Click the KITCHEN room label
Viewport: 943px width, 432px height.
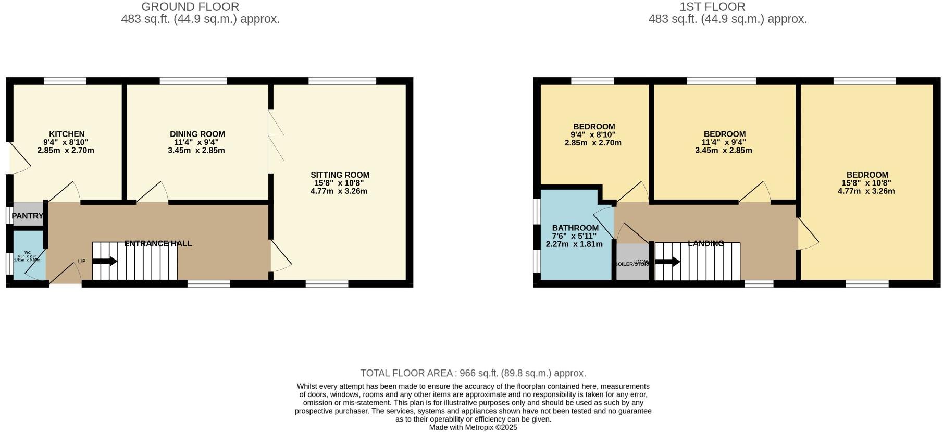point(67,134)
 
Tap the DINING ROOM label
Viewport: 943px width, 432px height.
point(197,134)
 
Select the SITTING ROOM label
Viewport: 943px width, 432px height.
point(340,175)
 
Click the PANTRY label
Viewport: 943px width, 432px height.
point(28,216)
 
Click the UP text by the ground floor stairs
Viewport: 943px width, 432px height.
point(82,262)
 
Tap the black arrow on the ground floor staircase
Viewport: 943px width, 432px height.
point(105,262)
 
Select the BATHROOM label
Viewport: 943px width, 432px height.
point(575,228)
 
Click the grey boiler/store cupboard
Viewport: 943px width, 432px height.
point(632,262)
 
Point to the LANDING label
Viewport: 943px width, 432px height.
point(706,243)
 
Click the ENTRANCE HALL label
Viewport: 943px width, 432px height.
point(158,243)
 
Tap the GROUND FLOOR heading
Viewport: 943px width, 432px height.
point(190,7)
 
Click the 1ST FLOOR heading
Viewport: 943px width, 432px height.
point(712,7)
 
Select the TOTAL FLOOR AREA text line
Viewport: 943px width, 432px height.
point(473,373)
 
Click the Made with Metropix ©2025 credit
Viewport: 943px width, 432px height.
point(473,427)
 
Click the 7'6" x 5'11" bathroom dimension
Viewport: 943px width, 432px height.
point(574,236)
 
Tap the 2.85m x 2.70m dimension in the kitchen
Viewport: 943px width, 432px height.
point(66,151)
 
